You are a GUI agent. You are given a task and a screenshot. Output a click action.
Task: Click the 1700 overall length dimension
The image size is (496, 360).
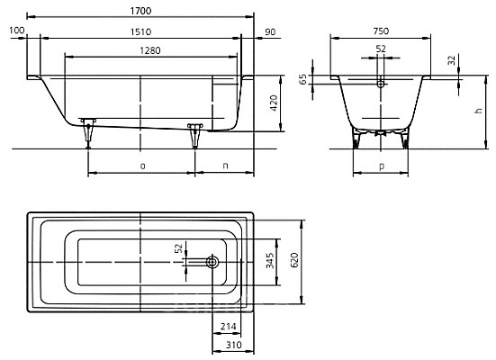[140, 11]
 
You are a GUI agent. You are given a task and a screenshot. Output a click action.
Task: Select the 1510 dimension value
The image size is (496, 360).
[140, 31]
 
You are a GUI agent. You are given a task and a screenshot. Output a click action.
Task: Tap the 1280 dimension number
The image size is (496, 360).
[150, 50]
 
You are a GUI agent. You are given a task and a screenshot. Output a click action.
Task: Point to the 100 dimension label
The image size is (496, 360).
[17, 31]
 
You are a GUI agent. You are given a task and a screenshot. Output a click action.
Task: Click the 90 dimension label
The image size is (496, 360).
[270, 32]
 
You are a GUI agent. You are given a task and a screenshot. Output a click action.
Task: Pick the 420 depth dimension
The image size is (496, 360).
[274, 103]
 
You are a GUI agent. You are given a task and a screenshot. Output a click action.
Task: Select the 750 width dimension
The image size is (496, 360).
[381, 31]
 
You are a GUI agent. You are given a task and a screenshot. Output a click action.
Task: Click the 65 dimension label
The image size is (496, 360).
[303, 79]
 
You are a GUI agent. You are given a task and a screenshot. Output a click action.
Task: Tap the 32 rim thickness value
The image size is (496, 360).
[452, 60]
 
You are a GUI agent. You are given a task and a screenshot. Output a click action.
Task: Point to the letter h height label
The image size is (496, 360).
[479, 111]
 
